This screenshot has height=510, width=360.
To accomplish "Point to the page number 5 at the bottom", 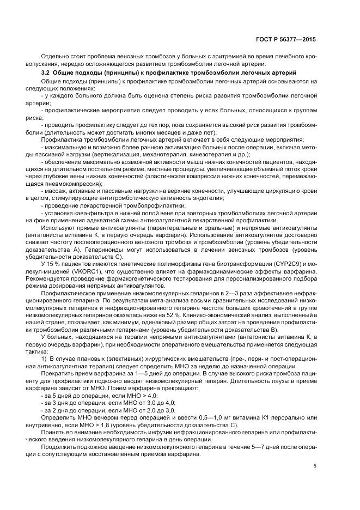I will point(315,466).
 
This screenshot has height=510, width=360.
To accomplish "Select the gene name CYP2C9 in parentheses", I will point(287,263).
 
